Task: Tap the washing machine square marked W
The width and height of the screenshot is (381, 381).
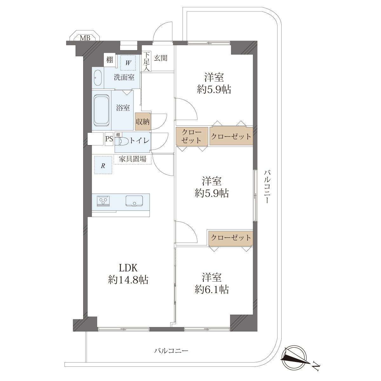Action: coord(128,63)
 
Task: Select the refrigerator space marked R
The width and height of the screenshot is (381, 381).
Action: coord(103,165)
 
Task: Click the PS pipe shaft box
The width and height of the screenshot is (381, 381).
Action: coord(109,139)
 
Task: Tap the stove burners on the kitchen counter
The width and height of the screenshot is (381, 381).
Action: coord(103,201)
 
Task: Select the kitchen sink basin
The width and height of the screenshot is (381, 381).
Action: coord(134,201)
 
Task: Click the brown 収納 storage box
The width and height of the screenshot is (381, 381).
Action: coord(143,121)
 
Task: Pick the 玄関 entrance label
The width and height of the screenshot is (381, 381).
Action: coord(161,58)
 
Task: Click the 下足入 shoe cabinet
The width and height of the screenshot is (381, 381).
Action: coord(146,61)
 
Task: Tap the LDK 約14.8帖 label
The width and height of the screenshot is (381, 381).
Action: coord(128,274)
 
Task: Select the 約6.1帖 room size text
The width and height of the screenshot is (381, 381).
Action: coord(212,290)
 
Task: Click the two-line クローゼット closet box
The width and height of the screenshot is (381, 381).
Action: coord(192,137)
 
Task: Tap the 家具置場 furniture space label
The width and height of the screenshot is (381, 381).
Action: coord(132,159)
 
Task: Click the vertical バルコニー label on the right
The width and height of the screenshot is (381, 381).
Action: coord(267,187)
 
